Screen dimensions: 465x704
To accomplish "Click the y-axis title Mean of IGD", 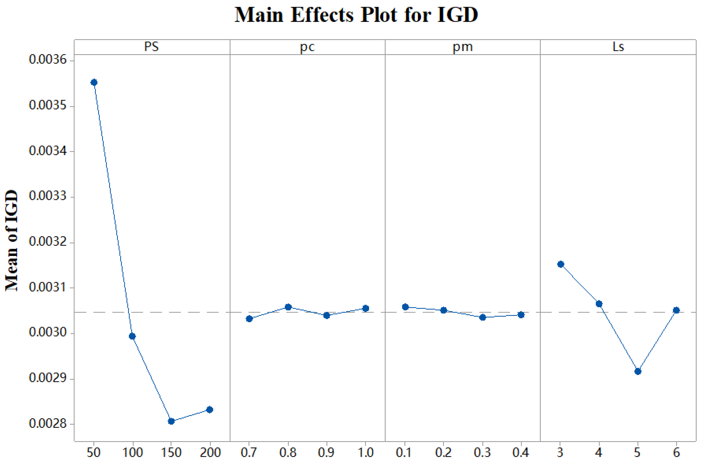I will pos(12,240).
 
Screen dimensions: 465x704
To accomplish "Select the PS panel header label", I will pos(152,47).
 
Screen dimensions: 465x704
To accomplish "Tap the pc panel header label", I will pos(307,47).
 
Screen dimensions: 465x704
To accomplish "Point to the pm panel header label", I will pos(462,47).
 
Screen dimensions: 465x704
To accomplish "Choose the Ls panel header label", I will pos(618,47).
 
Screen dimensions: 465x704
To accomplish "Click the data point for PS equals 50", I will pos(94,82).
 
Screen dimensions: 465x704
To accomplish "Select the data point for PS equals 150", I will pos(171,421).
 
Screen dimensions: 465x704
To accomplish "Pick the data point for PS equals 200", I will pos(210,410).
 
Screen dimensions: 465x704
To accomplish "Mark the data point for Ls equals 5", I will pos(638,371).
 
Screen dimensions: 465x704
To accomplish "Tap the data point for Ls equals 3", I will pos(561,264).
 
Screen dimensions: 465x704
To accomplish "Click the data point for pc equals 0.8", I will pos(288,307).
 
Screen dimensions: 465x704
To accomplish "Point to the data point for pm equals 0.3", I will pos(482,317).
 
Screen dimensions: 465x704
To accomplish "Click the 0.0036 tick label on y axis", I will pos(48,60).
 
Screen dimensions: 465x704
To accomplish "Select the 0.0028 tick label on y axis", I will pos(48,424).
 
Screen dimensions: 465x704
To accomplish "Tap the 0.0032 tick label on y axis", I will pos(48,242).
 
